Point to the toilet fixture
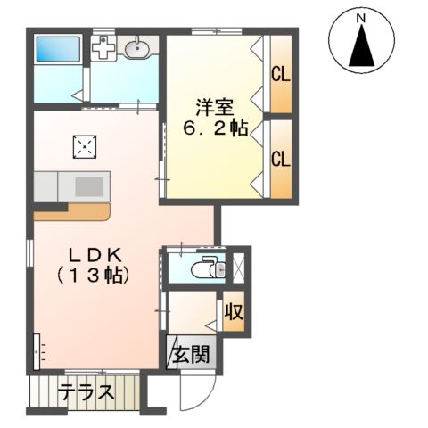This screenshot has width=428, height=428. (207, 267)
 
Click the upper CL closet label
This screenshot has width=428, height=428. (280, 74)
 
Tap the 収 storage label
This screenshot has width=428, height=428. (234, 314)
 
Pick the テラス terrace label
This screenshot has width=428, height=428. (86, 391)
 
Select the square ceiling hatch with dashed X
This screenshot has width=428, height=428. (85, 146)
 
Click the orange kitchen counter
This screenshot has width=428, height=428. (71, 213)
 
